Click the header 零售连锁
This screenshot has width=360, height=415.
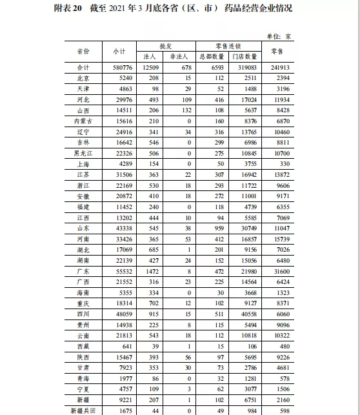click(x=228, y=46)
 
